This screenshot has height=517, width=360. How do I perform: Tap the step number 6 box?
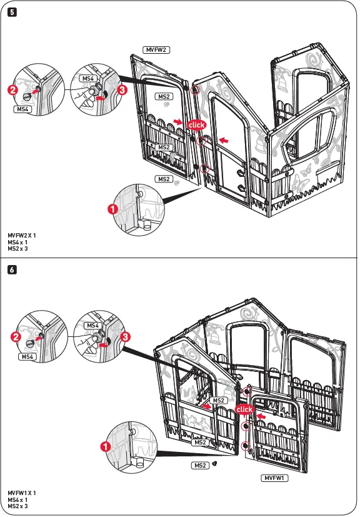[x=11, y=271]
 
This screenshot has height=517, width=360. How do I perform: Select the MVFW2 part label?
[x=157, y=49]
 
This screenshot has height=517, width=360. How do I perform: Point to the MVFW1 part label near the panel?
[x=273, y=478]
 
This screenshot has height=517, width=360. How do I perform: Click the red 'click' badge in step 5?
[x=196, y=125]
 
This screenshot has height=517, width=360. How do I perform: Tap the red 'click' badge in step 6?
[x=244, y=409]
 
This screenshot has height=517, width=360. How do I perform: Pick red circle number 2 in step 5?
[x=12, y=90]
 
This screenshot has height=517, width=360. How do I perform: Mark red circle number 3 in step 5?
[x=122, y=90]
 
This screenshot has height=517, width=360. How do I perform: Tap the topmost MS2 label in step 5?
[x=164, y=97]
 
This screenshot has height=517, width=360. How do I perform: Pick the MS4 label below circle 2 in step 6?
[x=27, y=356]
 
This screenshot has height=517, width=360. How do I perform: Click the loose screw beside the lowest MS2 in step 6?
[x=214, y=464]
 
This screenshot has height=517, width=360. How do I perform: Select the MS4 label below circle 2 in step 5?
[x=23, y=109]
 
